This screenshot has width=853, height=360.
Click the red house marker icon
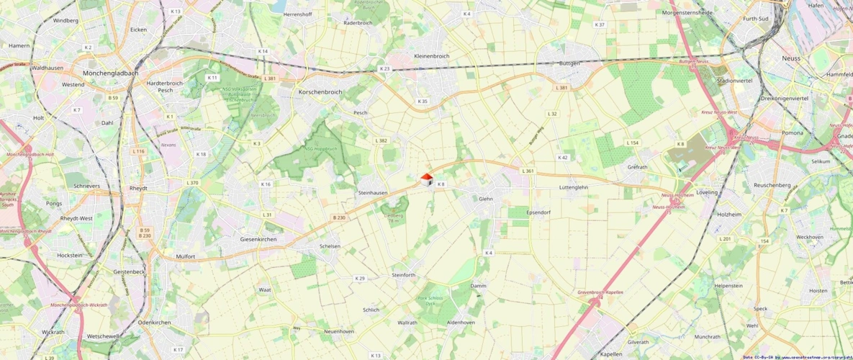click(x=426, y=179)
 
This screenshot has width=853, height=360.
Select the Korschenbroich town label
click(x=320, y=92)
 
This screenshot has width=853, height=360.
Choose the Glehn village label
click(x=486, y=199)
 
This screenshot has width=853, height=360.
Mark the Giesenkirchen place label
click(x=258, y=238)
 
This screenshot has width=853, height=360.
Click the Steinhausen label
click(x=373, y=192)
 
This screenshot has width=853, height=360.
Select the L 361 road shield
click(x=528, y=171)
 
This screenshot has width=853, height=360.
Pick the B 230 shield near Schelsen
click(x=339, y=217)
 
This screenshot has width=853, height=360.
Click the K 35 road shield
click(x=423, y=102)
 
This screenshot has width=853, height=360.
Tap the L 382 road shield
click(x=382, y=140)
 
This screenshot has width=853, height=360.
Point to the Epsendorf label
click(x=538, y=213)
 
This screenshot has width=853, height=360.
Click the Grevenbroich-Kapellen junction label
click(x=600, y=292)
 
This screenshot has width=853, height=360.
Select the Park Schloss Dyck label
click(x=450, y=301)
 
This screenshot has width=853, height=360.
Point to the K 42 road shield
click(x=563, y=157)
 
